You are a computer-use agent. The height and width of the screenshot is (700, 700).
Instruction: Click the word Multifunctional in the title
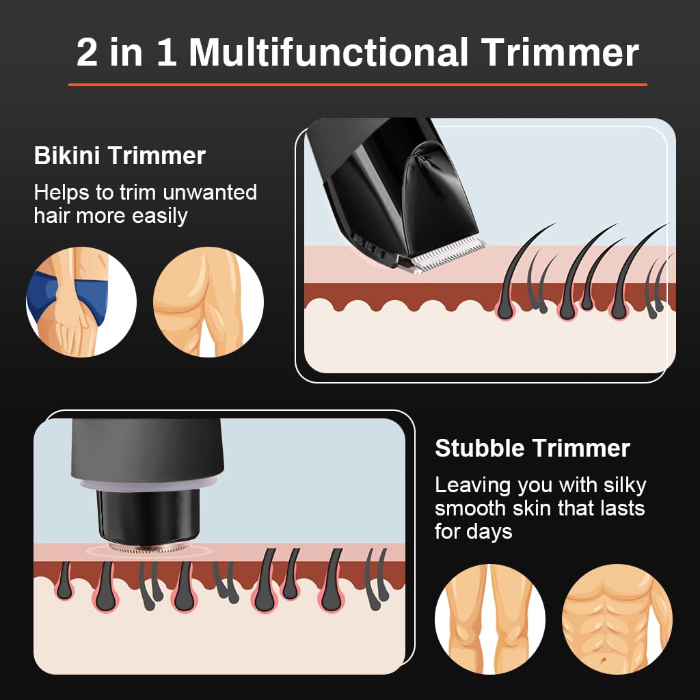click(328, 53)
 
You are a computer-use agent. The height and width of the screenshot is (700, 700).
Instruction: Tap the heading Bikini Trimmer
click(120, 156)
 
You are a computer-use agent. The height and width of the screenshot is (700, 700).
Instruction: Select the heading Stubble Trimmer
click(533, 448)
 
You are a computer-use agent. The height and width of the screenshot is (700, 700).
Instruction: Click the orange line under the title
click(358, 85)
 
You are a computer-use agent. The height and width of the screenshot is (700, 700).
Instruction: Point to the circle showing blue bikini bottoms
click(81, 302)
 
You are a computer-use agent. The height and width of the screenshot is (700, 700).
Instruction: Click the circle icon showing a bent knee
click(208, 302)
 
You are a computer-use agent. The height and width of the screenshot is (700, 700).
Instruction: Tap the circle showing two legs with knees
click(490, 619)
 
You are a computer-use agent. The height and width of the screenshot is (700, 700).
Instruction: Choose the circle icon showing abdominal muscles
click(617, 619)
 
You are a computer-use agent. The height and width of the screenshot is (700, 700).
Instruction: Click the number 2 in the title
click(87, 53)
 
